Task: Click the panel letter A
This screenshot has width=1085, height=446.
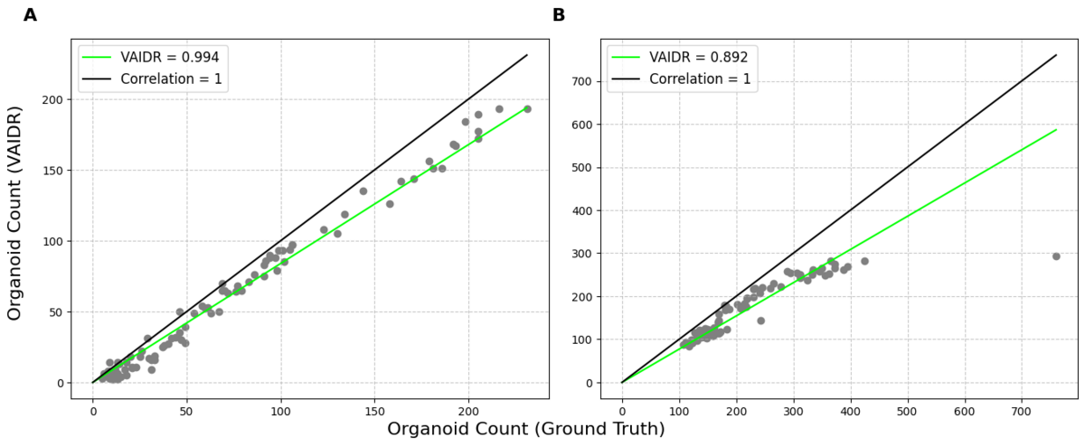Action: pyautogui.click(x=31, y=15)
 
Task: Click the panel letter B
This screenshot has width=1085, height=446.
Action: pyautogui.click(x=559, y=15)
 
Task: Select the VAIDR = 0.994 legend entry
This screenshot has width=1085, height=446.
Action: pyautogui.click(x=170, y=56)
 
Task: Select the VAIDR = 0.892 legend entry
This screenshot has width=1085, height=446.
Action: pyautogui.click(x=698, y=56)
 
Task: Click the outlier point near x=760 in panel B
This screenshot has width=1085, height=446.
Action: pyautogui.click(x=1056, y=256)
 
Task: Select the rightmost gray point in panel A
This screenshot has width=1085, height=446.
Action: pyautogui.click(x=527, y=109)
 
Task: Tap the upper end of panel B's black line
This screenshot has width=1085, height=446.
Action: pyautogui.click(x=1056, y=55)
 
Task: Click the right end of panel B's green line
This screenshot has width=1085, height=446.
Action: pyautogui.click(x=1056, y=130)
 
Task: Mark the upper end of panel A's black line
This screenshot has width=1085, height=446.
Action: pyautogui.click(x=527, y=55)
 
